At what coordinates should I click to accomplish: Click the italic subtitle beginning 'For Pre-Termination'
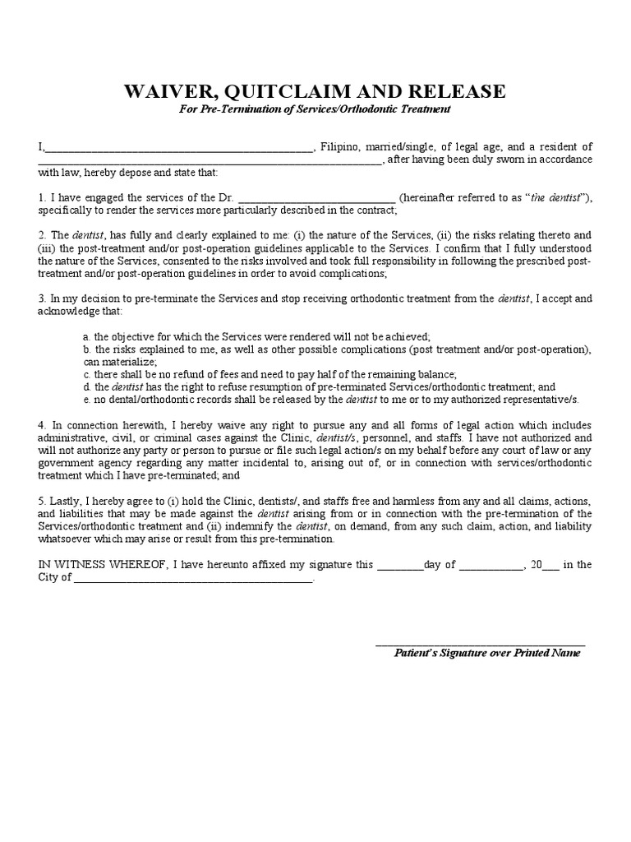click(315, 109)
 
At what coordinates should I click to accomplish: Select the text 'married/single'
click(403, 146)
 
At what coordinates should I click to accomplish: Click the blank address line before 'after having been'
click(210, 162)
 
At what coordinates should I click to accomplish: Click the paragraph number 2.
click(41, 235)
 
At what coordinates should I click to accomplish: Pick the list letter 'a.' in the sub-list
click(86, 337)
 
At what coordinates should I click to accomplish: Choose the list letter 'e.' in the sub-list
click(86, 399)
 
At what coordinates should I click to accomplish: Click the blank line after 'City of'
click(194, 580)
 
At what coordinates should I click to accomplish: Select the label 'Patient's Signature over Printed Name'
click(486, 653)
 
